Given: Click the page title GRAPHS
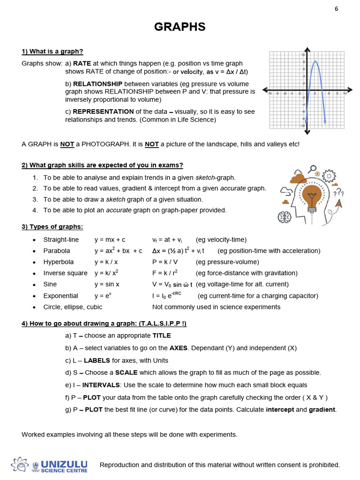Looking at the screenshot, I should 180,27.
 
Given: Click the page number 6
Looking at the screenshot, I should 336,9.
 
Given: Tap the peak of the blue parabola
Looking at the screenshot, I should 315,61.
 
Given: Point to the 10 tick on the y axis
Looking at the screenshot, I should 303,55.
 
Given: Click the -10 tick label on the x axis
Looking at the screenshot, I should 270,94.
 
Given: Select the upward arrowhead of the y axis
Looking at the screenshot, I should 307,50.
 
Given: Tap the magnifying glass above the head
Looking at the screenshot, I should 313,169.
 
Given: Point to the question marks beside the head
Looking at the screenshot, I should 339,193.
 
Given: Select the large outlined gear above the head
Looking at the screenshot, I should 330,176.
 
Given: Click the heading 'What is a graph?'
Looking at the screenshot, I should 52,52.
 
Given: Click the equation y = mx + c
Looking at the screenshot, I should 110,240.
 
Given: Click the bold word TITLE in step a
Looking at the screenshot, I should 162,336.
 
